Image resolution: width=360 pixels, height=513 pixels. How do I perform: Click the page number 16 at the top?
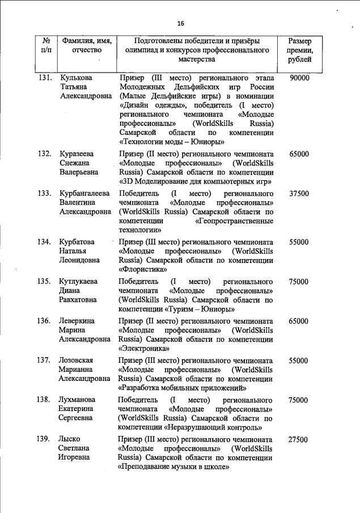181,23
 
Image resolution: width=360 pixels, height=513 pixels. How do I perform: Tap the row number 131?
45,77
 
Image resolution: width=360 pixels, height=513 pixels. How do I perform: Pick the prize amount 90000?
299,77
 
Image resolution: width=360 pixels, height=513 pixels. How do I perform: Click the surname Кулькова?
76,77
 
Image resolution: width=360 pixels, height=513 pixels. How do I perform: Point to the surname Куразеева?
77,154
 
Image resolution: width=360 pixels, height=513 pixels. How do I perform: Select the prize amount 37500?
299,193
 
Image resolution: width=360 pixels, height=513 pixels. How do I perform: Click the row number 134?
45,242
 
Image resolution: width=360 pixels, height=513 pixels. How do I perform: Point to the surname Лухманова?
78,400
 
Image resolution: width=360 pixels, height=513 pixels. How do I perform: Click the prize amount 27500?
299,439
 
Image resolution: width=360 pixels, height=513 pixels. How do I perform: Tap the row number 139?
45,439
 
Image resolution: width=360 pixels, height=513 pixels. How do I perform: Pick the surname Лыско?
70,439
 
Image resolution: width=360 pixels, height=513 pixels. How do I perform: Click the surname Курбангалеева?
84,193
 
